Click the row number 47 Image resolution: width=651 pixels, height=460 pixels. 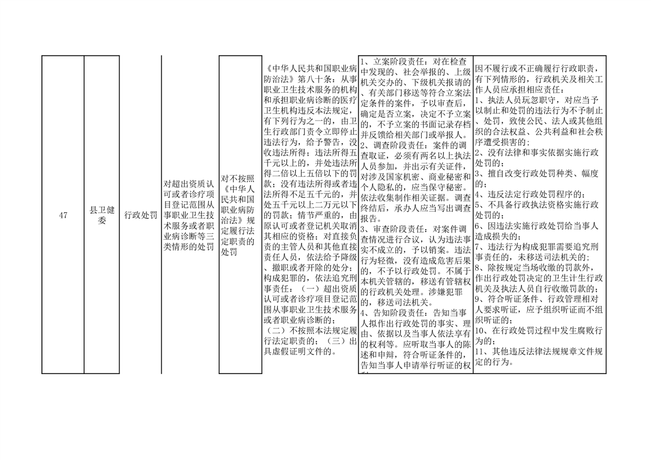[63, 215]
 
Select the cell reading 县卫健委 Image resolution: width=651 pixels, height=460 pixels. [102, 215]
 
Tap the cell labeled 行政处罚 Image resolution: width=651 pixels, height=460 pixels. [141, 215]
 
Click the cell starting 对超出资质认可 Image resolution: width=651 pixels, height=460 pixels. [189, 215]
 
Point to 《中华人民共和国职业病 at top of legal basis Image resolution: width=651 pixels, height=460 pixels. [310, 68]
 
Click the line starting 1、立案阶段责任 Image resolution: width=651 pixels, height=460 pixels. [414, 61]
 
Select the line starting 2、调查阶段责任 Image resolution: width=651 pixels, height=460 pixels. [414, 145]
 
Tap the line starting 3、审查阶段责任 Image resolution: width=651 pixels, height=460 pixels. [414, 229]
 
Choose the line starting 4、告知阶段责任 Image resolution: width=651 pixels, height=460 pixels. [414, 313]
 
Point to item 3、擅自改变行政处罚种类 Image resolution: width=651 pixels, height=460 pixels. [537, 173]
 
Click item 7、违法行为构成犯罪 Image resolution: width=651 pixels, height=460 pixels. [537, 247]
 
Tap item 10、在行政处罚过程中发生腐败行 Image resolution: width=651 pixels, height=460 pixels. [538, 331]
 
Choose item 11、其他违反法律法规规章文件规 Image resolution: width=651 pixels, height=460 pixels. [538, 351]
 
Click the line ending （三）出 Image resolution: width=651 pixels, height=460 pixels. [310, 341]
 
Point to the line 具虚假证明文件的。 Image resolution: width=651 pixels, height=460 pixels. [299, 351]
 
